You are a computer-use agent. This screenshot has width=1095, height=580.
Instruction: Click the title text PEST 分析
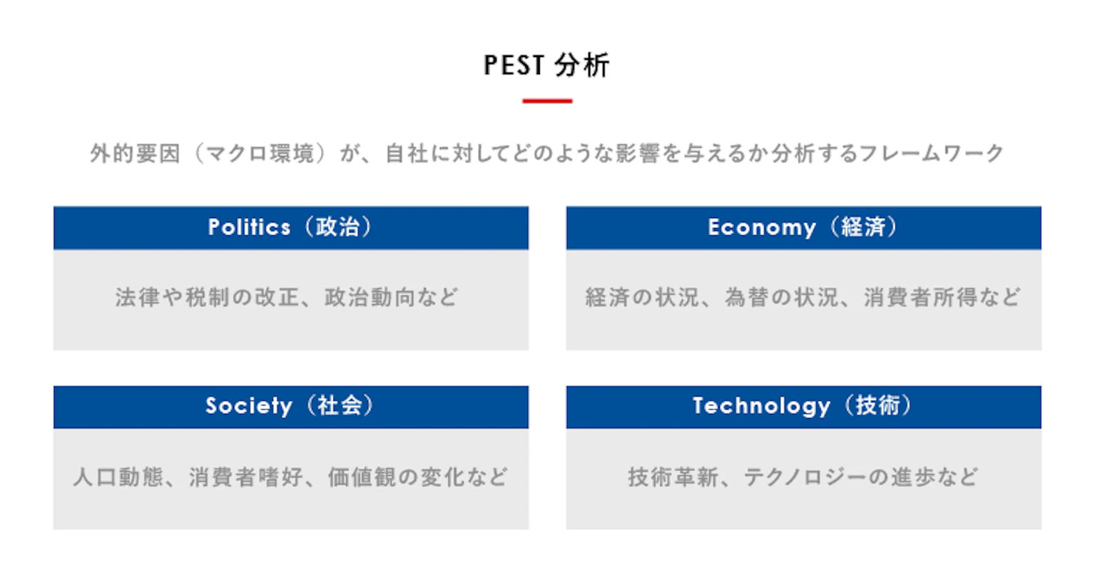pyautogui.click(x=546, y=66)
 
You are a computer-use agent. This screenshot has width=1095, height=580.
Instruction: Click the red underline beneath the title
pyautogui.click(x=547, y=101)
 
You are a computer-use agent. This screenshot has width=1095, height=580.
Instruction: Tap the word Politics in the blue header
pyautogui.click(x=249, y=227)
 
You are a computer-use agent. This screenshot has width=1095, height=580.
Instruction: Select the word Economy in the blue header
pyautogui.click(x=761, y=227)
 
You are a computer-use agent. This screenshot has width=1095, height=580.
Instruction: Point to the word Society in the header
pyautogui.click(x=248, y=406)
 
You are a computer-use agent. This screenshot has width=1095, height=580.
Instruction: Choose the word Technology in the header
pyautogui.click(x=761, y=406)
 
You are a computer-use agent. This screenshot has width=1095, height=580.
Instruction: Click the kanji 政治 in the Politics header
pyautogui.click(x=338, y=227)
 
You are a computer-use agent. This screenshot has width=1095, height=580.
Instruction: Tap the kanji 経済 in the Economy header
pyautogui.click(x=863, y=227)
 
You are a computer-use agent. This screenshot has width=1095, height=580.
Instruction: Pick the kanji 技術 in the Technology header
pyautogui.click(x=877, y=406)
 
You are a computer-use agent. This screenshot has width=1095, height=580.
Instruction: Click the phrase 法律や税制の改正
pyautogui.click(x=207, y=297)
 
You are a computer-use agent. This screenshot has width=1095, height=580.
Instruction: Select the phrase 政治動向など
pyautogui.click(x=391, y=297)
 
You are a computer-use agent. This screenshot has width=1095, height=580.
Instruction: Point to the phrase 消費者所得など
pyautogui.click(x=942, y=297)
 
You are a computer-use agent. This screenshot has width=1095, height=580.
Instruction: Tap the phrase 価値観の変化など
pyautogui.click(x=417, y=477)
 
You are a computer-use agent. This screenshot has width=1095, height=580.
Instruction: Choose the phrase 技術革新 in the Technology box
pyautogui.click(x=673, y=477)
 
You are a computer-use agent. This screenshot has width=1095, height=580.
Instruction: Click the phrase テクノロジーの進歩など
pyautogui.click(x=860, y=477)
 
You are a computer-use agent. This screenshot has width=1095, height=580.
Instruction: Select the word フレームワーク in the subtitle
pyautogui.click(x=931, y=153)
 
